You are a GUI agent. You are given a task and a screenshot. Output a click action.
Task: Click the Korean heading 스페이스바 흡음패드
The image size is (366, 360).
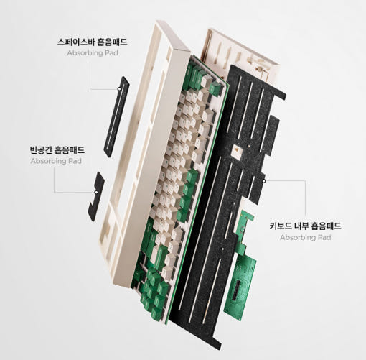[93, 42]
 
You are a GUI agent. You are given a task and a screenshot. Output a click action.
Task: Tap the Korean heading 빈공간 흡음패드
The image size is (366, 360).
[57, 150]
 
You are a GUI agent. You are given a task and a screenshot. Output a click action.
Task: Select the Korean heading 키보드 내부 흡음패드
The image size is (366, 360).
[305, 226]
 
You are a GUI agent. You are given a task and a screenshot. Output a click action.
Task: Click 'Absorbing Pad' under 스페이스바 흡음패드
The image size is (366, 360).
[93, 53]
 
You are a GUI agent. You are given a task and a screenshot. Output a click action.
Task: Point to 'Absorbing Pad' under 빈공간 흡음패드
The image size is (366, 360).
[56, 161]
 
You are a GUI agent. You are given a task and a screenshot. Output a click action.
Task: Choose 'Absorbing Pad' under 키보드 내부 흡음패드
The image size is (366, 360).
[306, 237]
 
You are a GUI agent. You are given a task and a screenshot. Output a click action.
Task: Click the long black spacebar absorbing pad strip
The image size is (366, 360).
[116, 117]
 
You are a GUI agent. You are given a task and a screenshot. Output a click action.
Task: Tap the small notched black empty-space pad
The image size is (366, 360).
[96, 196]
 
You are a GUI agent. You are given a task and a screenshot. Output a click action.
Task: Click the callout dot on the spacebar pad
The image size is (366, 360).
[119, 89]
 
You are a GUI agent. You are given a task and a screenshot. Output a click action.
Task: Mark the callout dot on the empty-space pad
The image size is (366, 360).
[96, 192]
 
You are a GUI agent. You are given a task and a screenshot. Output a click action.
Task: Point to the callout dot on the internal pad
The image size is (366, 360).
[263, 181]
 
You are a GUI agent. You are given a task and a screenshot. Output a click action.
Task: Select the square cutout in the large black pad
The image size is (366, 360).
[238, 150]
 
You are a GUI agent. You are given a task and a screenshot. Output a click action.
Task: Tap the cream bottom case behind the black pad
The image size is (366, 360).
[239, 52]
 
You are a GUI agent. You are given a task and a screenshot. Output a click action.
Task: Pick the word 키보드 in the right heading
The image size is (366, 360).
[281, 226]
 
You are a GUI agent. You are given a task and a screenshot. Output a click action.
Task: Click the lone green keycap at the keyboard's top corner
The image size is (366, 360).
[215, 89]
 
